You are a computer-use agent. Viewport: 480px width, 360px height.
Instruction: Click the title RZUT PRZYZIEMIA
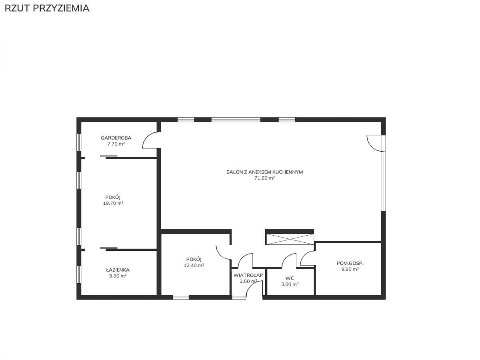coord(47,8)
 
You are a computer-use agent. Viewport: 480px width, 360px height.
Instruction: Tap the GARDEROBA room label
coord(116,138)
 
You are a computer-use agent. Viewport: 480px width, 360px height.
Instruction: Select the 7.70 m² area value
coord(116,144)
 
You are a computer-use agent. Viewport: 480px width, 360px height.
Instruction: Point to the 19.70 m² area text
coord(113,203)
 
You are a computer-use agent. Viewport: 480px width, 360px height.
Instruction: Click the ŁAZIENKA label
coord(118,270)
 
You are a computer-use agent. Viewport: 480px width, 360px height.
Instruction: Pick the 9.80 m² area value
coord(118,276)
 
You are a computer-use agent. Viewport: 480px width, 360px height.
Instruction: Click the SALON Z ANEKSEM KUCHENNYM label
coord(265,172)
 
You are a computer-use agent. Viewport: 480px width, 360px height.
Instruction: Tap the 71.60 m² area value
coord(264,178)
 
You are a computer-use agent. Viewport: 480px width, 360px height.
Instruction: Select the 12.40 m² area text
coord(194,265)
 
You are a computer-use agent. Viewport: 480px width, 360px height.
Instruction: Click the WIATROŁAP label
coord(248,275)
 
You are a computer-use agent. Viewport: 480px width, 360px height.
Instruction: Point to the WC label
coord(290,278)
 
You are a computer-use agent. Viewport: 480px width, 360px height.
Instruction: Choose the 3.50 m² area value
coord(290,284)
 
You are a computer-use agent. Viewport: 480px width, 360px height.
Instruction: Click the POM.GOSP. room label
coord(350,263)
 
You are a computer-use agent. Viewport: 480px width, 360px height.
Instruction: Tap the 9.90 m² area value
coord(350,269)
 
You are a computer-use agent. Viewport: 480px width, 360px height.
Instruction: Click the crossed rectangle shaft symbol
coord(290,239)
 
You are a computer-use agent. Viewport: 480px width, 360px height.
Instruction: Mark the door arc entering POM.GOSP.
coord(304,255)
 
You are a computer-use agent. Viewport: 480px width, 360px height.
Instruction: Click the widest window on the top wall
coord(236,120)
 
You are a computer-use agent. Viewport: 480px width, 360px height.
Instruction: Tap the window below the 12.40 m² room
coord(181,297)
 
